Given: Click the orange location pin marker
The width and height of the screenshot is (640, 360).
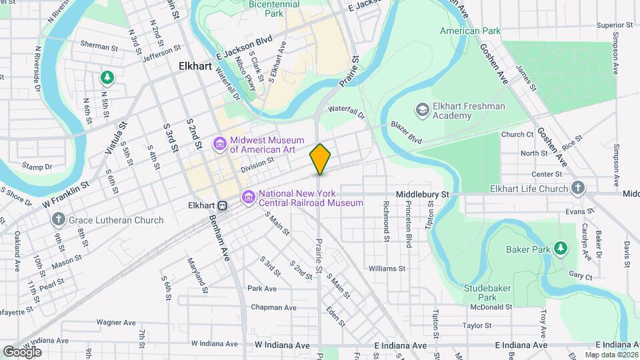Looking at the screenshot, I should [x=320, y=159].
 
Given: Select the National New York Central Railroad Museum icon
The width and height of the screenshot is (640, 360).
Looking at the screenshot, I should [x=249, y=197].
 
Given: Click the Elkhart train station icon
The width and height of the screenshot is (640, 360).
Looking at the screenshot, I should [x=225, y=206].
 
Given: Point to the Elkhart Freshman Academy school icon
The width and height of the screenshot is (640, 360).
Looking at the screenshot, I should [x=421, y=109].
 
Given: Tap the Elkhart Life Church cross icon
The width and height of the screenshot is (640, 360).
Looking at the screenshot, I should [x=578, y=188].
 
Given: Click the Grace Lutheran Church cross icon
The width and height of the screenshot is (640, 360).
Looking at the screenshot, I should [x=59, y=219].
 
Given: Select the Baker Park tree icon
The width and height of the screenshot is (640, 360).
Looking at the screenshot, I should [x=561, y=249].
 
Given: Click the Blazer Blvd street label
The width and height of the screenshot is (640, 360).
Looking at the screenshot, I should [x=406, y=139].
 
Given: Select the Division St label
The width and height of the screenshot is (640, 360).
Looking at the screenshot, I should [x=257, y=164].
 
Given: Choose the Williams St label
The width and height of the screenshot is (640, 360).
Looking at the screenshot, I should [x=387, y=269].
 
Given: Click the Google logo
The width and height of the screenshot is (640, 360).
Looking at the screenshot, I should [x=22, y=351].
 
